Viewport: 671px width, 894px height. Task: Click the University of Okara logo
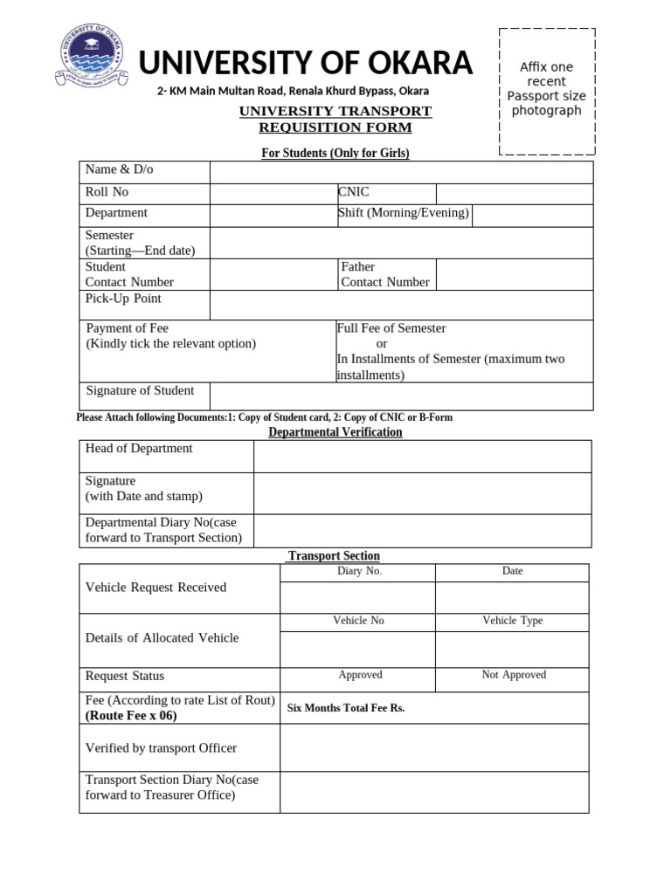[90, 60]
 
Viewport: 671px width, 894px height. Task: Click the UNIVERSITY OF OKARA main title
[306, 63]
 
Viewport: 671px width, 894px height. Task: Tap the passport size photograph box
[546, 90]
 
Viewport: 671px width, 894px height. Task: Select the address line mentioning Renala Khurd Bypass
[293, 92]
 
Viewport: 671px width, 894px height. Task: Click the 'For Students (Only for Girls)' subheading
[335, 154]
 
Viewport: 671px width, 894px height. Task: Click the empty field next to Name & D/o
[401, 171]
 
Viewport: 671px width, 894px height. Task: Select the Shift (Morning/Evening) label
[403, 213]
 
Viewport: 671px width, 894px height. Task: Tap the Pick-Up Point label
[123, 299]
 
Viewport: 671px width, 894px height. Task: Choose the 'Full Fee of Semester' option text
[391, 328]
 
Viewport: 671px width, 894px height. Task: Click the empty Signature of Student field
[401, 395]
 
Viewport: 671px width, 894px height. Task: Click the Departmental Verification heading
[335, 432]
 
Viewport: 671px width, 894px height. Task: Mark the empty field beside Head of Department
[422, 456]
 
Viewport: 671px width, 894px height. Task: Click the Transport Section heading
[334, 556]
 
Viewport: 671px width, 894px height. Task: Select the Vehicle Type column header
[513, 621]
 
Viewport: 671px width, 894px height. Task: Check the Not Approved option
[514, 675]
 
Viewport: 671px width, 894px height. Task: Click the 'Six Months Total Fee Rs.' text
[346, 708]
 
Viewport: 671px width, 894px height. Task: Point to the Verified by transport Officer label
[161, 748]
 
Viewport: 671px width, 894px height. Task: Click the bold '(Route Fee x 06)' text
[131, 716]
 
